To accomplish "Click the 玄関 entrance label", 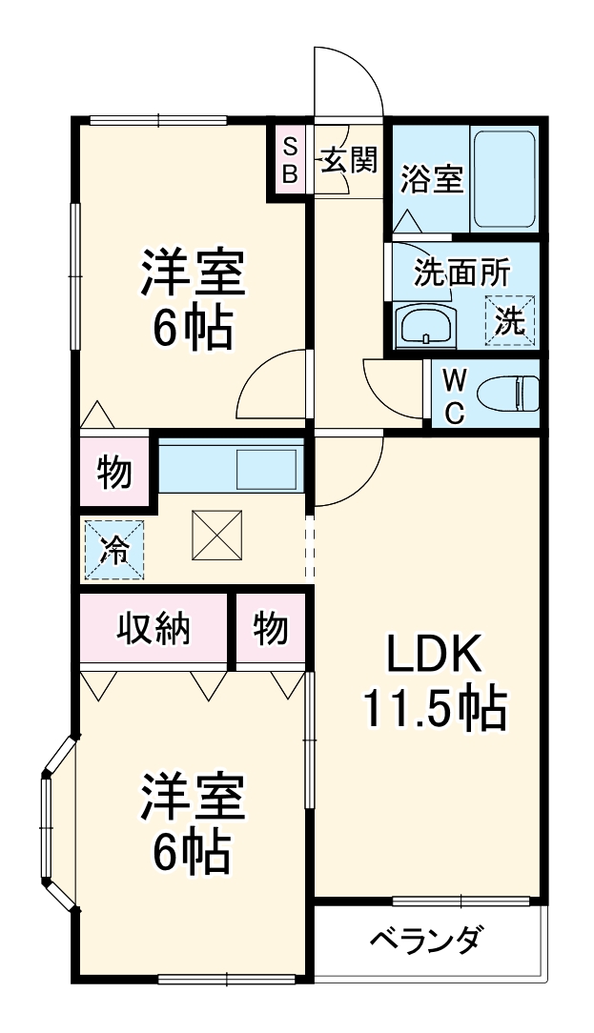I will click(x=348, y=159).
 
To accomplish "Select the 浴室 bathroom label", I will click(x=431, y=179).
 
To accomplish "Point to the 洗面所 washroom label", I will click(x=461, y=273).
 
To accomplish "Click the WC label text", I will click(x=455, y=395).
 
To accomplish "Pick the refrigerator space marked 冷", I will click(x=114, y=550).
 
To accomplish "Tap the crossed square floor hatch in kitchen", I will click(x=217, y=537).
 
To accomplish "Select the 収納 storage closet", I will click(x=154, y=629).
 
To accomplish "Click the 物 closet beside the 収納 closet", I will click(x=271, y=629).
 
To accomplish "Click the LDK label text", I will click(x=435, y=656).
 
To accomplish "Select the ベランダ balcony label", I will click(x=425, y=940).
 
